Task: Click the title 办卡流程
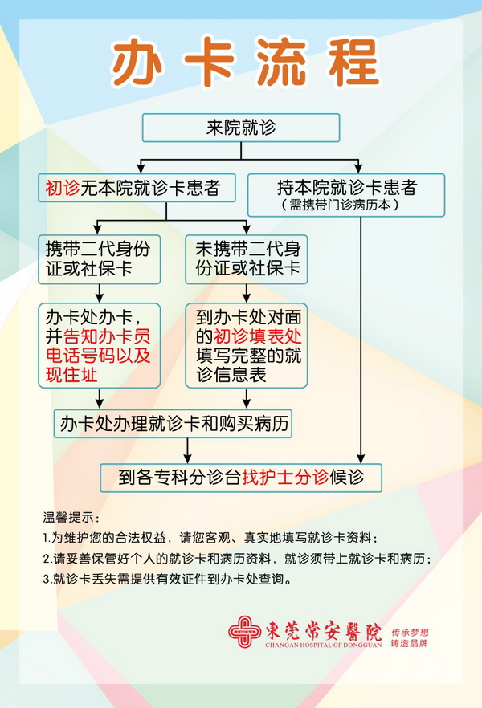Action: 245,62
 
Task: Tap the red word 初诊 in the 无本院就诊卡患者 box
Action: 63,189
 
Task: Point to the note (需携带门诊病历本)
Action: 346,205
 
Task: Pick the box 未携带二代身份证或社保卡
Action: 247,258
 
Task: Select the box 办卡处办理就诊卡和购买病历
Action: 174,423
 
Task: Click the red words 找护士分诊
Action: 285,478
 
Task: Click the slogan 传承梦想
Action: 410,623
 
